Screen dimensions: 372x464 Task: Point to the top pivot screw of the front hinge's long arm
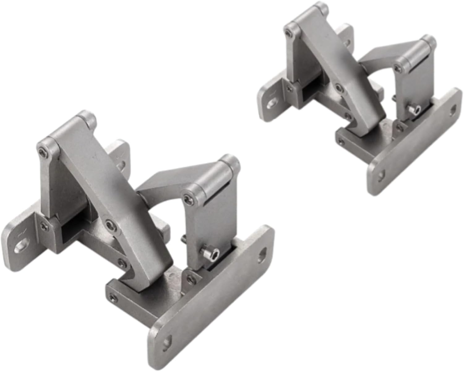click(42, 151)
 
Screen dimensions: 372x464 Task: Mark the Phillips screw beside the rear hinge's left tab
click(289, 89)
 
